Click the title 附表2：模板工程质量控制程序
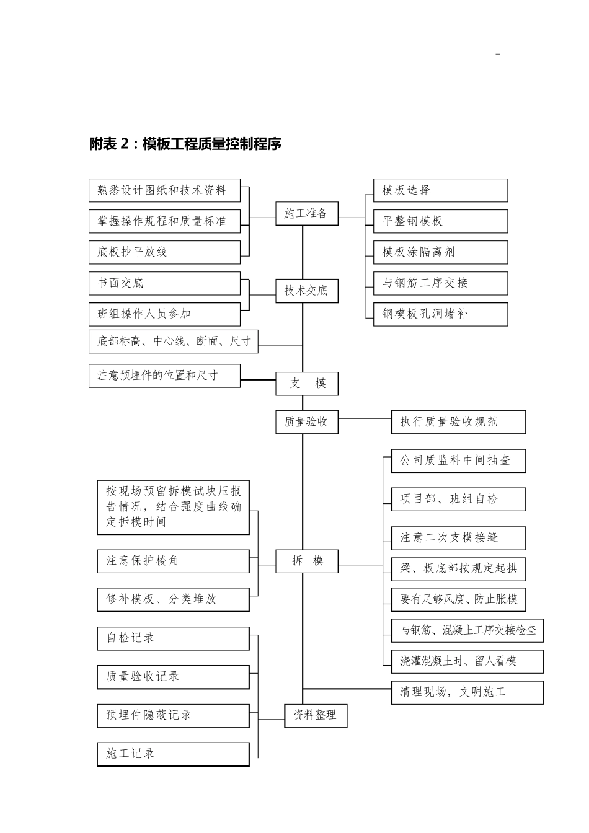(185, 144)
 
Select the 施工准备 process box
(307, 214)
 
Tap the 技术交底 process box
(307, 291)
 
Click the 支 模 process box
(307, 384)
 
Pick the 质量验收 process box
(307, 422)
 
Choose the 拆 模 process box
(307, 561)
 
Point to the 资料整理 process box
(315, 715)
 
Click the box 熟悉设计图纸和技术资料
(164, 190)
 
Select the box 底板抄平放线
(164, 252)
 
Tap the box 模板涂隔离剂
(440, 252)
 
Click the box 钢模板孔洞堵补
(440, 314)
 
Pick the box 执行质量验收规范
(458, 422)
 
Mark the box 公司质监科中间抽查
(458, 461)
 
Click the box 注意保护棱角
(173, 561)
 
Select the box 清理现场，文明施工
(467, 692)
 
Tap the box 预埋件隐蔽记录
(173, 715)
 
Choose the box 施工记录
(173, 754)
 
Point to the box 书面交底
(164, 283)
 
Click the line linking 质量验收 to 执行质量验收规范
(365, 418)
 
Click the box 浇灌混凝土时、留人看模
(467, 661)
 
